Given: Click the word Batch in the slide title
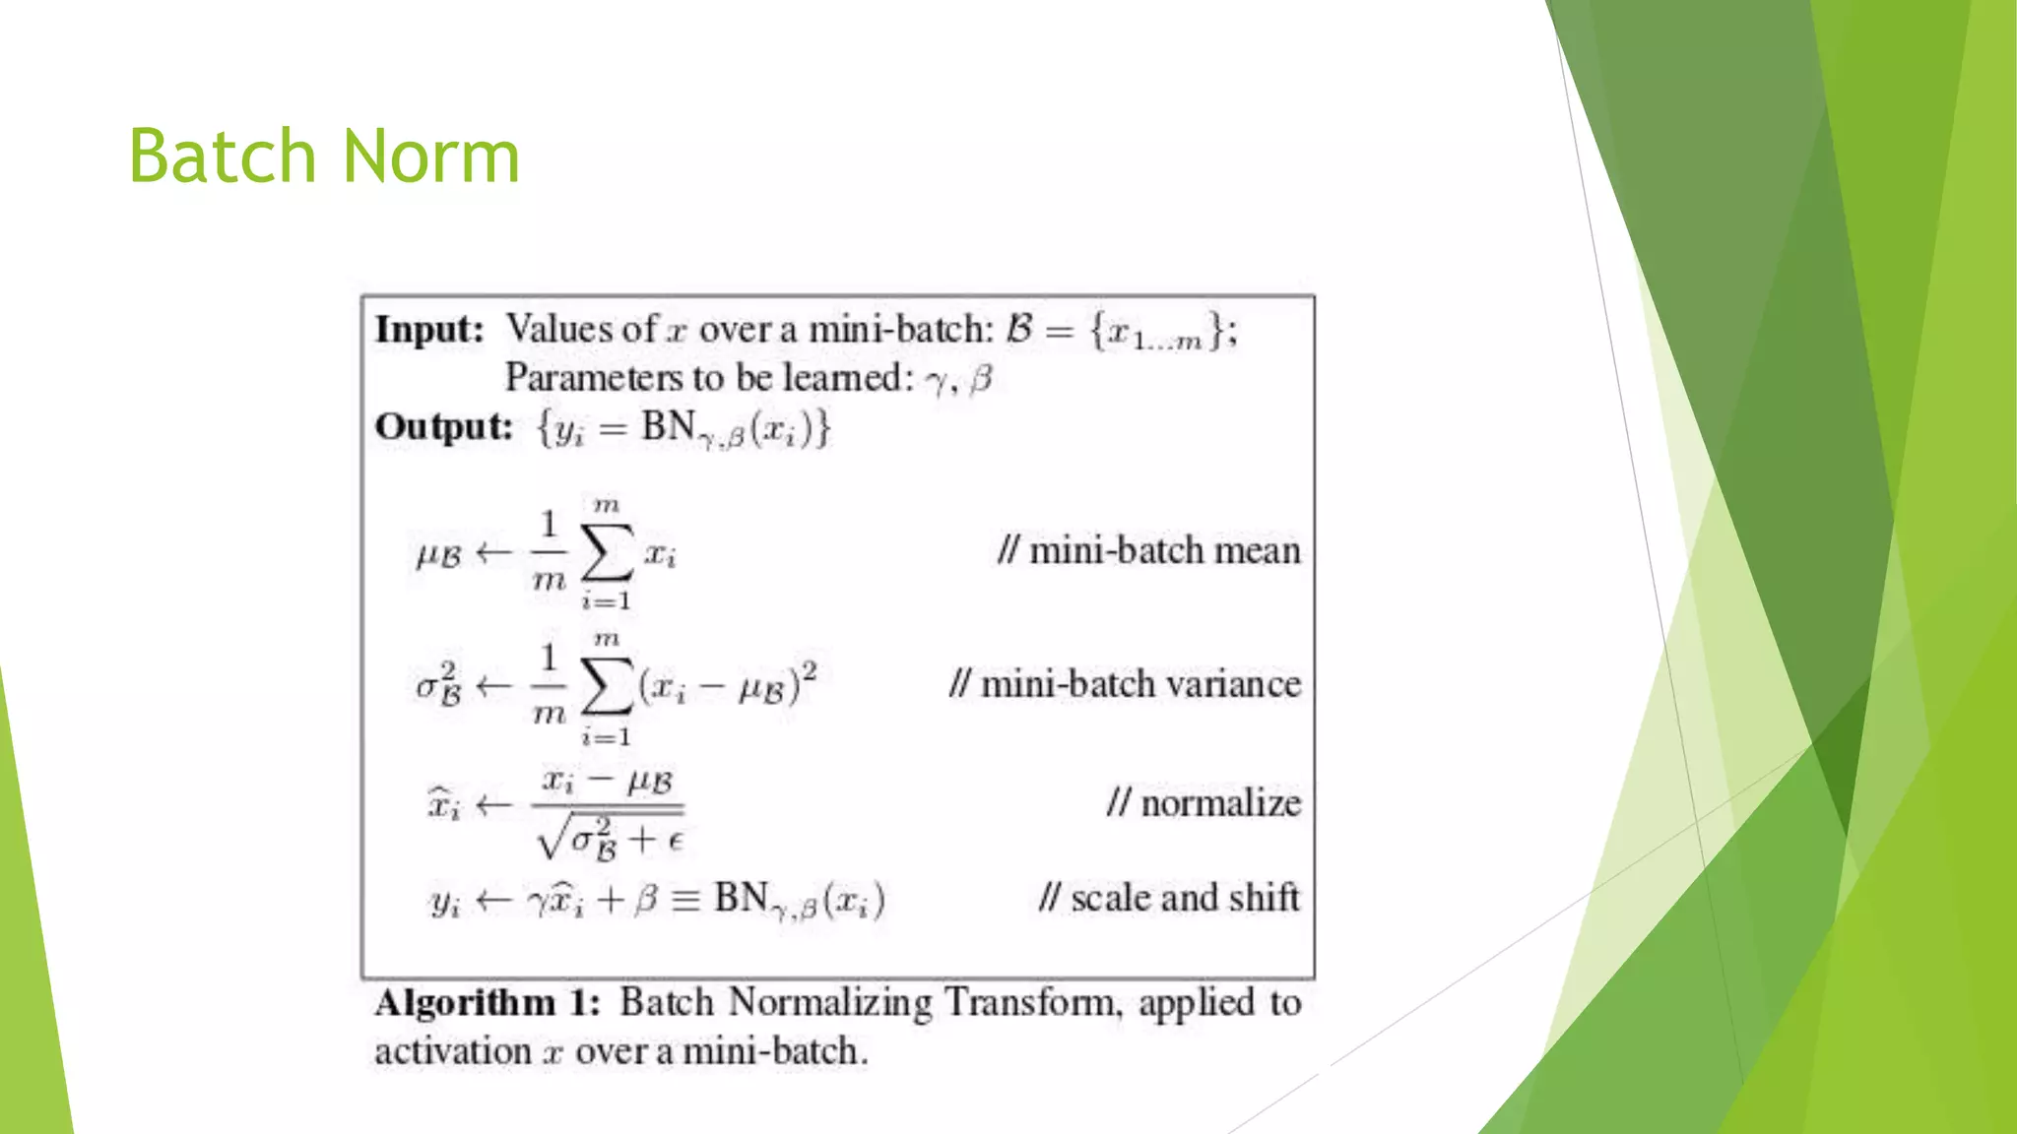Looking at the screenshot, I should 222,157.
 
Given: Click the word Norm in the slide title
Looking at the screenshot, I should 431,157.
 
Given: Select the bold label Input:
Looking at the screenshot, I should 429,330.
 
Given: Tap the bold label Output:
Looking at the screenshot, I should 444,427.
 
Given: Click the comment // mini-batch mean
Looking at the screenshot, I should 1148,550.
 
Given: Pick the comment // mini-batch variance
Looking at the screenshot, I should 1125,684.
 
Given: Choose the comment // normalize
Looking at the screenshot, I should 1203,803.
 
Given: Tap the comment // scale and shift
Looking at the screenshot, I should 1169,898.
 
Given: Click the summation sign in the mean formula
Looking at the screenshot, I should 607,553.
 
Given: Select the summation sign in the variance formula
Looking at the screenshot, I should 607,687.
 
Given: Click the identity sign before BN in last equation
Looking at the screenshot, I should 685,900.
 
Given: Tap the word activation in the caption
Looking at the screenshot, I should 453,1051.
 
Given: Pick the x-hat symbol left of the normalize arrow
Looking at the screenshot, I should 443,805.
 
